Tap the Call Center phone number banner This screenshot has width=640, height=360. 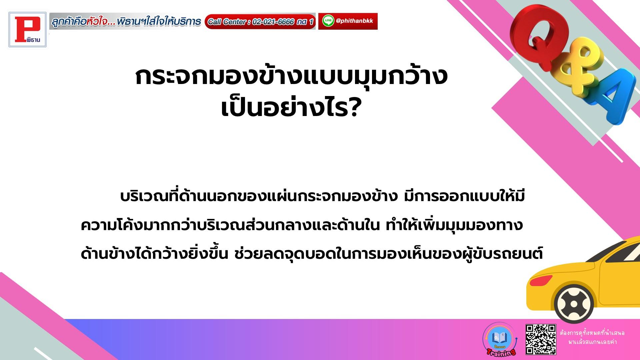tap(260, 22)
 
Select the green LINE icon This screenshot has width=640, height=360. tap(328, 21)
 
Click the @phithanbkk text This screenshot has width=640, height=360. tap(354, 21)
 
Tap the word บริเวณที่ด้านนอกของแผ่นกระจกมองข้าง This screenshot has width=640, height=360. tap(256, 197)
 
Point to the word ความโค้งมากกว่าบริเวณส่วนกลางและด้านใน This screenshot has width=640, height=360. tap(230, 226)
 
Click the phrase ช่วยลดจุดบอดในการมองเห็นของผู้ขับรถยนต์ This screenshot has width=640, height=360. tap(389, 254)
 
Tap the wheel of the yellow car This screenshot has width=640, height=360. tap(574, 304)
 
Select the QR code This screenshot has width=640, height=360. tap(541, 339)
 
